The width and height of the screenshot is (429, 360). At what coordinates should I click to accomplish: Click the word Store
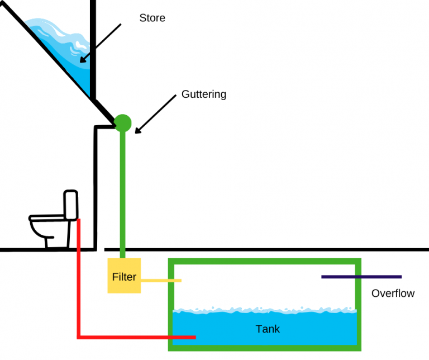pyautogui.click(x=152, y=18)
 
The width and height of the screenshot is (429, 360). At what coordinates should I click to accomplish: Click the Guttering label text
pyautogui.click(x=204, y=94)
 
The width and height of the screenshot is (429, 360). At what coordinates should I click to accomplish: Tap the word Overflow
pyautogui.click(x=393, y=293)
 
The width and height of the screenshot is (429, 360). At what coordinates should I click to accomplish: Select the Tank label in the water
pyautogui.click(x=268, y=329)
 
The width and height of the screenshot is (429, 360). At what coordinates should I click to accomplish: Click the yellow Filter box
pyautogui.click(x=124, y=276)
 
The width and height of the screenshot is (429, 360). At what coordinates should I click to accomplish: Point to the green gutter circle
pyautogui.click(x=123, y=122)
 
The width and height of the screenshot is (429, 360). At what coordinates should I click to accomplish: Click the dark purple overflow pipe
pyautogui.click(x=361, y=276)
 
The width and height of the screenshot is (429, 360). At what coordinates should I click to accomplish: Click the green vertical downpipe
pyautogui.click(x=123, y=190)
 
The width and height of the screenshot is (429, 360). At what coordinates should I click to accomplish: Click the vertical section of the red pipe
pyautogui.click(x=79, y=280)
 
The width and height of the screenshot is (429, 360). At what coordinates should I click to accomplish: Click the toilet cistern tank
pyautogui.click(x=70, y=205)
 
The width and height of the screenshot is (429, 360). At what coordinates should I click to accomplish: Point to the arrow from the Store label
pyautogui.click(x=101, y=42)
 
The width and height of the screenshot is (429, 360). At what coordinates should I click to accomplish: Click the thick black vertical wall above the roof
pyautogui.click(x=93, y=45)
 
